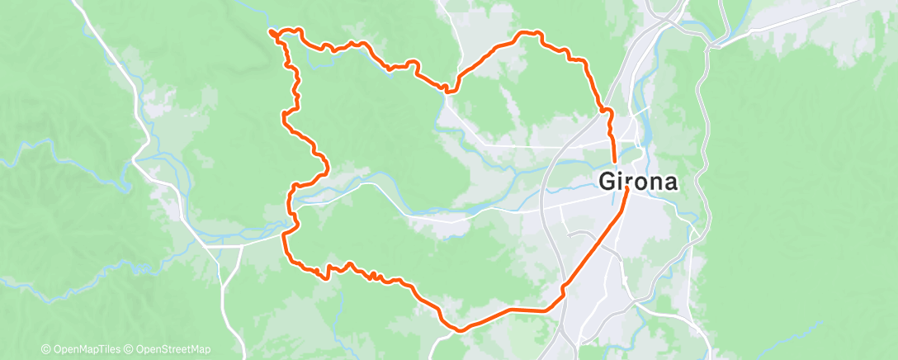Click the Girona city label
638,181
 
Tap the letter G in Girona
607,181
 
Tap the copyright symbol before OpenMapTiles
46,349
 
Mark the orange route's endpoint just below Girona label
627,190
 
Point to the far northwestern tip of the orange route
271,31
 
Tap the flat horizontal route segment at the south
528,310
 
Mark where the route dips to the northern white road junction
448,89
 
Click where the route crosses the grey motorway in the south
564,288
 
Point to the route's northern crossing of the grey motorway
607,109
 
